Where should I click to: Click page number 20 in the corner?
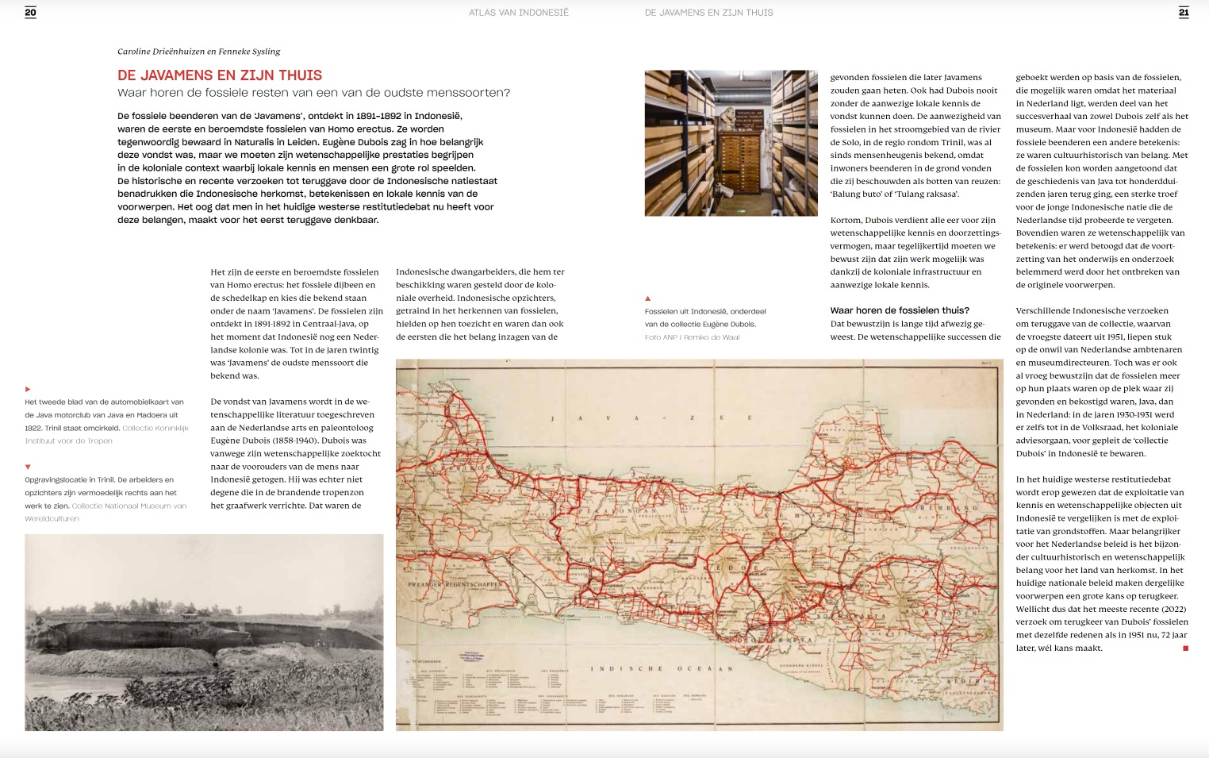(x=30, y=12)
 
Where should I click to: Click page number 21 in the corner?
(x=1184, y=12)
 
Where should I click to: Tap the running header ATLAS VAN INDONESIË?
(x=518, y=13)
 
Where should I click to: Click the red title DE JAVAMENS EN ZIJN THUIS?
(x=220, y=75)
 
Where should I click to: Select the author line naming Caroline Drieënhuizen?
(x=198, y=52)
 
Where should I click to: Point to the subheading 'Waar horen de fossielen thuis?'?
(x=900, y=310)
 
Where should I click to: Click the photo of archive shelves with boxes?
(x=731, y=143)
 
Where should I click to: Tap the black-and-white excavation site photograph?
(x=204, y=632)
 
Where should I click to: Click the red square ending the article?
(x=1185, y=648)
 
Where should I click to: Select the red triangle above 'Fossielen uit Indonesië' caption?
(x=647, y=298)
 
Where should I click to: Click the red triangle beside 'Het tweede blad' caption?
(x=28, y=389)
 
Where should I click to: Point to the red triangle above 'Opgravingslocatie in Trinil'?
(x=28, y=467)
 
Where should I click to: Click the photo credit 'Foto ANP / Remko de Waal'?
(x=692, y=337)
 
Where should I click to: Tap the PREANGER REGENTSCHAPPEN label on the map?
(x=455, y=585)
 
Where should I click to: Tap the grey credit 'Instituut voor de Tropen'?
(x=69, y=441)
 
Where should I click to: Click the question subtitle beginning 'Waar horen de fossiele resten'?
(x=313, y=93)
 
